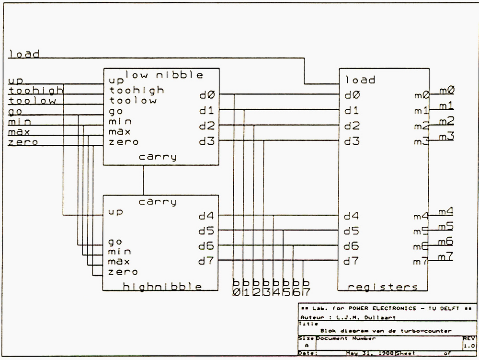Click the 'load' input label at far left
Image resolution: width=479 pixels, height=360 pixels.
tap(24, 54)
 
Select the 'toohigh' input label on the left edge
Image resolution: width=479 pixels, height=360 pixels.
tap(35, 90)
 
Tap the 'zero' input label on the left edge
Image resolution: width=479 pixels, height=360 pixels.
tap(23, 142)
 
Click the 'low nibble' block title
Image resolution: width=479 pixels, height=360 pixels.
tap(164, 75)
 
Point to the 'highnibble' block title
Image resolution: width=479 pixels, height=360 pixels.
tap(162, 287)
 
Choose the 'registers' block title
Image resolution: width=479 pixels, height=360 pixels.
tap(382, 287)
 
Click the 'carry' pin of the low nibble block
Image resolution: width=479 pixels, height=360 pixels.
tap(158, 157)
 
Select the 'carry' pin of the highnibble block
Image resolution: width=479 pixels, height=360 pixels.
tap(158, 202)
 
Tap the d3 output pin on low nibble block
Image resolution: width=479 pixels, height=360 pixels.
tap(207, 141)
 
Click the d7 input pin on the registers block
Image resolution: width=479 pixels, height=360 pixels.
tap(351, 261)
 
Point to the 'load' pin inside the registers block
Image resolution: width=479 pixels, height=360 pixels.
tap(360, 80)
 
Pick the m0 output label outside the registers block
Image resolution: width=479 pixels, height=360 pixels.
tap(447, 90)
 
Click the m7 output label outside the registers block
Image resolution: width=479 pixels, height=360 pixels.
tap(446, 256)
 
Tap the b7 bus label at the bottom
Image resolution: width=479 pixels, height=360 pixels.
tap(306, 287)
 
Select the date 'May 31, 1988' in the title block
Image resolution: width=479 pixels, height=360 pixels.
tap(370, 353)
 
